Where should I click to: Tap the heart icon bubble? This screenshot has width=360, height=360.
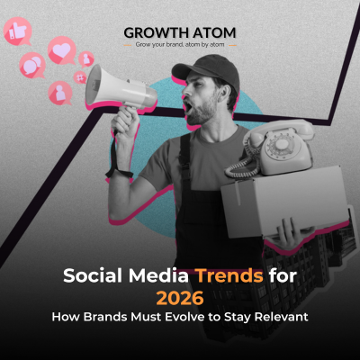pos(61,49)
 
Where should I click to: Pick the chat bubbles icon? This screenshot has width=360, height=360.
pos(32,65)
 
